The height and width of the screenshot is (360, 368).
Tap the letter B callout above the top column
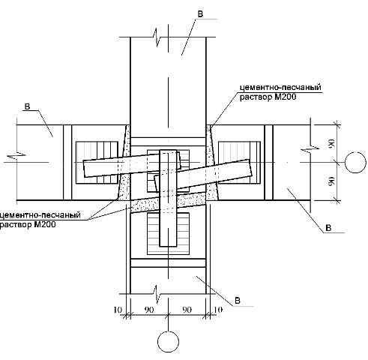click(200, 14)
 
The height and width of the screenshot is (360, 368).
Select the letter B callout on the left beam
click(27, 106)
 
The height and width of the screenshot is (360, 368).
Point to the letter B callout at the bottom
click(238, 301)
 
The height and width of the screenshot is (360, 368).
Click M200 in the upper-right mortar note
click(286, 97)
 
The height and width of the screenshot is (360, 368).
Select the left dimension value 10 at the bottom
click(118, 310)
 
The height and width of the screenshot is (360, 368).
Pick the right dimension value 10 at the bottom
click(218, 310)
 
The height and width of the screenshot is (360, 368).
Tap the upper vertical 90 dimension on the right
click(331, 143)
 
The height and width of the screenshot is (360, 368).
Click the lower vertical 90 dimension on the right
click(331, 181)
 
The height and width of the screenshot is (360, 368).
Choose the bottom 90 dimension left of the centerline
click(149, 310)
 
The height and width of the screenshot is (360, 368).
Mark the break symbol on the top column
click(157, 37)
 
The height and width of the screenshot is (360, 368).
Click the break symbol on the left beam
click(16, 156)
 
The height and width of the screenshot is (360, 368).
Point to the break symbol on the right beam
click(310, 148)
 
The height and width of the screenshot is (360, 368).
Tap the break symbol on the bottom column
click(157, 294)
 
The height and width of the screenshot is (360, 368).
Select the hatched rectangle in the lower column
click(168, 234)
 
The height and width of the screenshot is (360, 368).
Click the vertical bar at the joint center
click(168, 198)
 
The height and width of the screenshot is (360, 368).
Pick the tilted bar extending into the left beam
click(132, 166)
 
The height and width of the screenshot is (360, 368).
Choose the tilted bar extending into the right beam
click(203, 175)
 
